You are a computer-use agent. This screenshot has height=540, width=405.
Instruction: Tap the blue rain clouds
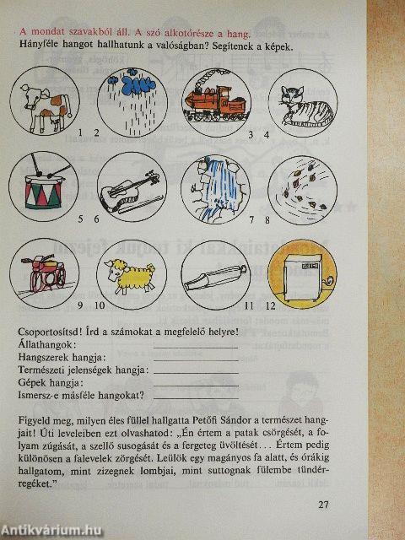click(x=132, y=83)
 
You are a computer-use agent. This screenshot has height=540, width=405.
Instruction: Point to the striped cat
click(x=304, y=105)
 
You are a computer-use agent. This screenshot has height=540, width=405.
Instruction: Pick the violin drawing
click(x=130, y=193)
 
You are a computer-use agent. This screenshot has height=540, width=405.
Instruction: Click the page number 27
click(x=323, y=505)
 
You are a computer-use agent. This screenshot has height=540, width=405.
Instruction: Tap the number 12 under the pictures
click(x=271, y=305)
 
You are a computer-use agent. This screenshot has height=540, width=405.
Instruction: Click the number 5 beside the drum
click(x=81, y=219)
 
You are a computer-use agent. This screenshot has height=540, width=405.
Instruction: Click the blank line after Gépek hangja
click(x=196, y=386)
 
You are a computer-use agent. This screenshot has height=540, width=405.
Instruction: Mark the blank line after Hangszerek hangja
click(x=196, y=361)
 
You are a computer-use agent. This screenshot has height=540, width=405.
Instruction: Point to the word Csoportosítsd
click(x=46, y=332)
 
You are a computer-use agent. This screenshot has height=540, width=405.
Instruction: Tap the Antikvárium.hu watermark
click(x=51, y=531)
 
